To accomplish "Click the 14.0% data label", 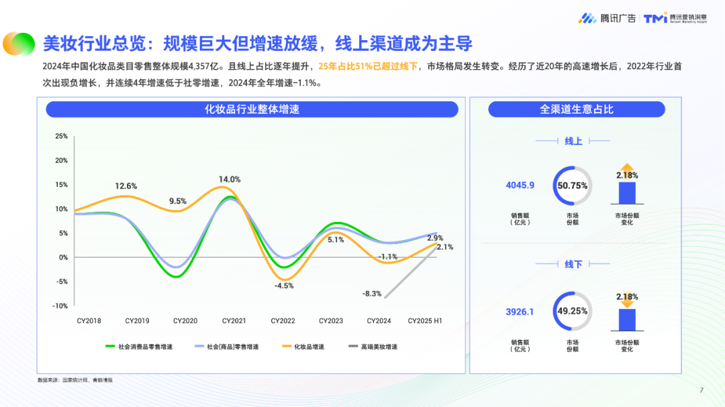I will (229, 180).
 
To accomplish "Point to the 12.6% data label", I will (126, 186).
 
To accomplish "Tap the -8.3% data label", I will (371, 294).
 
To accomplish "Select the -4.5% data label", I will (284, 286).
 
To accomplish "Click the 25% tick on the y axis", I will (62, 136).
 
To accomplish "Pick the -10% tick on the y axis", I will (60, 306).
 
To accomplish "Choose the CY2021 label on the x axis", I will (234, 321).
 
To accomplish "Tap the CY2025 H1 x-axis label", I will (425, 321).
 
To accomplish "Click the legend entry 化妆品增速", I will (309, 347).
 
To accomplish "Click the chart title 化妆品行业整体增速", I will (252, 109).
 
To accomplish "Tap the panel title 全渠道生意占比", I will (577, 109).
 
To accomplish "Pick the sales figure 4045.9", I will (520, 186).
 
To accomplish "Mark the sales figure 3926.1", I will (520, 312).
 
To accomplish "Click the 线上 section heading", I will (573, 141).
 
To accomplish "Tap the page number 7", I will (702, 390).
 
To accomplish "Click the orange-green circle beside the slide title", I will (19, 44).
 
